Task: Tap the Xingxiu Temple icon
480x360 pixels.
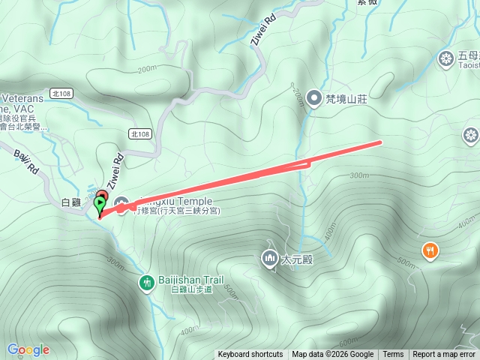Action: [x=121, y=202]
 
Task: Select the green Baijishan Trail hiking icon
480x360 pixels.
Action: [x=146, y=282]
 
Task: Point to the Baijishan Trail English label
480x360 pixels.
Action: [x=190, y=280]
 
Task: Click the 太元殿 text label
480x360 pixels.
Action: [x=295, y=260]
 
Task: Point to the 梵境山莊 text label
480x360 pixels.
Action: [x=346, y=98]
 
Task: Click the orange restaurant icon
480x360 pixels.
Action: [x=430, y=250]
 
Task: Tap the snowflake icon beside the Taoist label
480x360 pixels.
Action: [x=445, y=58]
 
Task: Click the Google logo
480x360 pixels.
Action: [x=28, y=349]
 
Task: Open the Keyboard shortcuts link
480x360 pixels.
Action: [x=250, y=355]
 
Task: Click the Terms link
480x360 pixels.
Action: [x=393, y=355]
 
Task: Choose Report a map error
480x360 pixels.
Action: [x=444, y=355]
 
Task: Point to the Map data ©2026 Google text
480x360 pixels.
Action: [x=332, y=355]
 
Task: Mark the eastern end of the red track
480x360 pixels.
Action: [x=380, y=142]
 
